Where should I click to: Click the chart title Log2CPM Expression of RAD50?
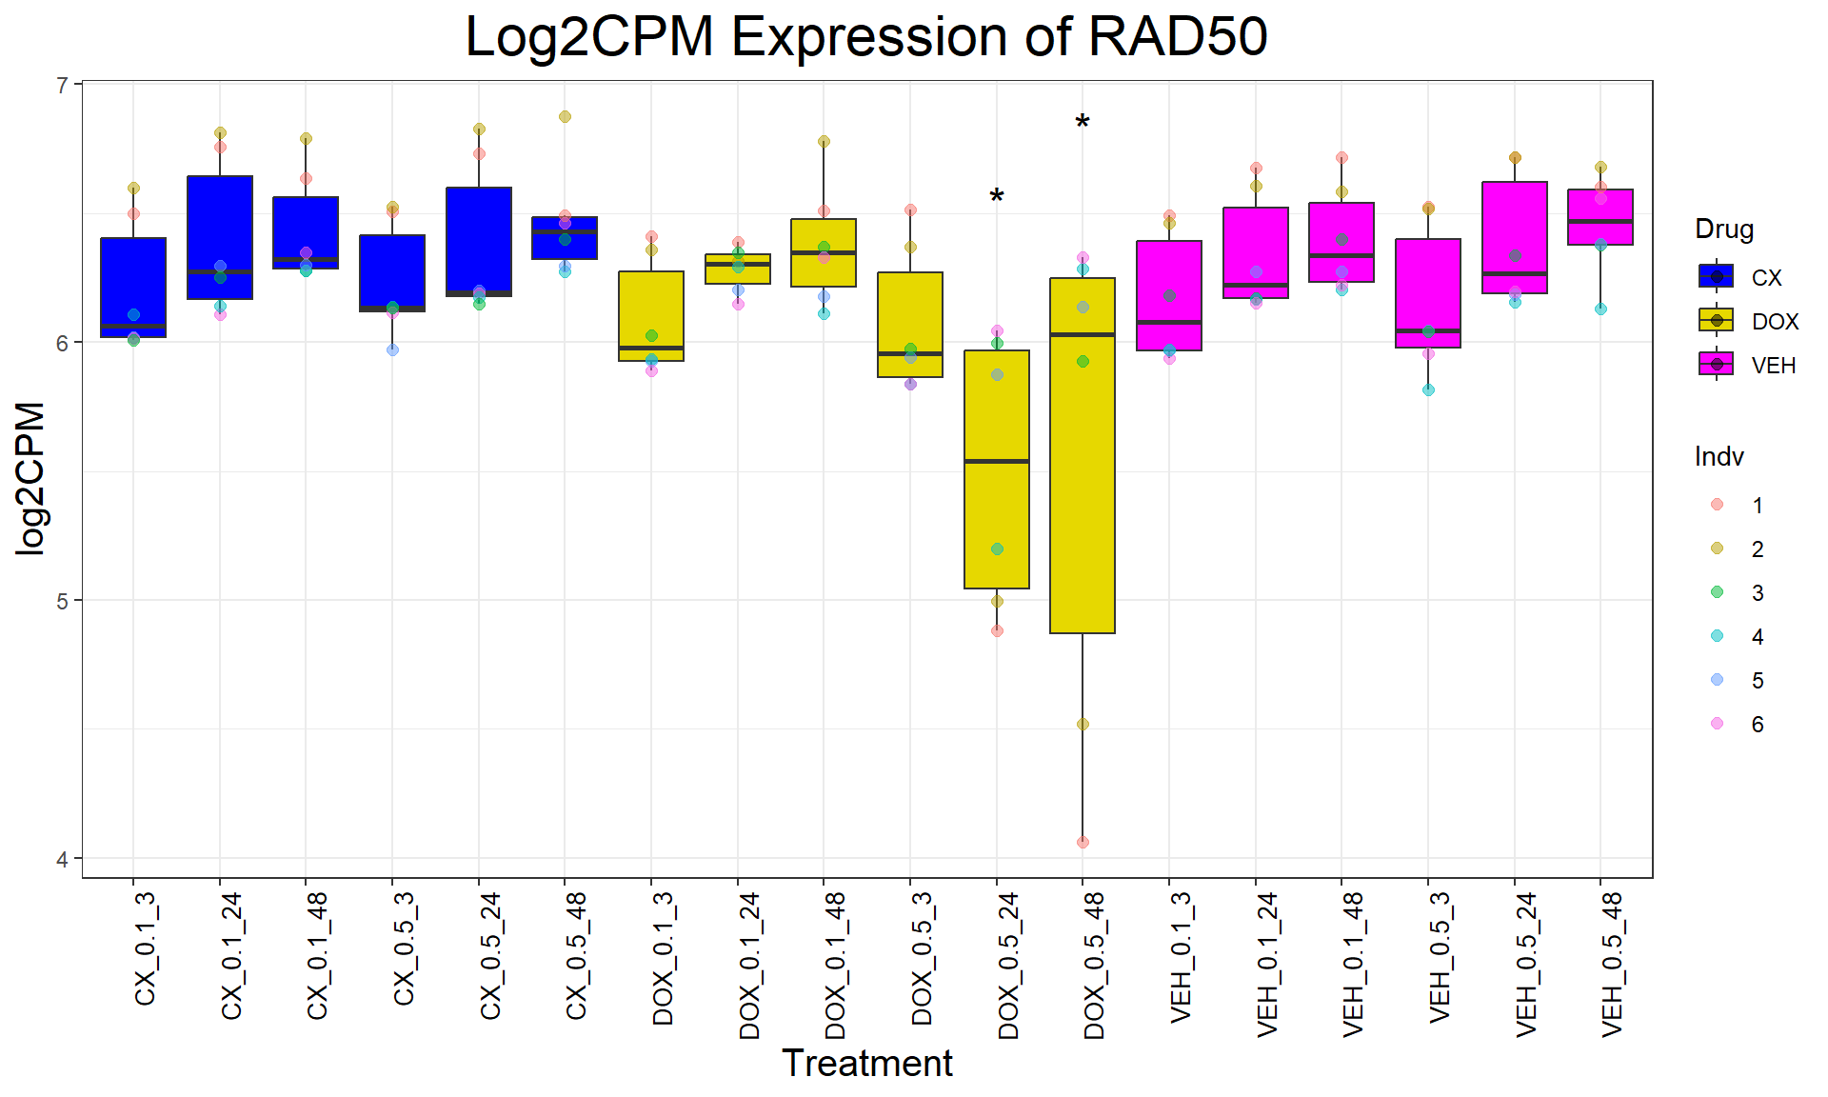pos(865,38)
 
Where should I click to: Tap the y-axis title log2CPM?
pos(30,478)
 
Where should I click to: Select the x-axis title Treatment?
pos(866,1063)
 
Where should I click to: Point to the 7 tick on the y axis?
pos(63,86)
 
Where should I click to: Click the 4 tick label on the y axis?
pos(63,859)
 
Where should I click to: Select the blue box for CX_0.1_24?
pos(220,237)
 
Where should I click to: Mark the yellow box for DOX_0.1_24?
pos(738,269)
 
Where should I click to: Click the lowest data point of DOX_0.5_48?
pos(1083,842)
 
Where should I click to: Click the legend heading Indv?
pos(1719,457)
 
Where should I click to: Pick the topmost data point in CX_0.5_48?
pos(565,116)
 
